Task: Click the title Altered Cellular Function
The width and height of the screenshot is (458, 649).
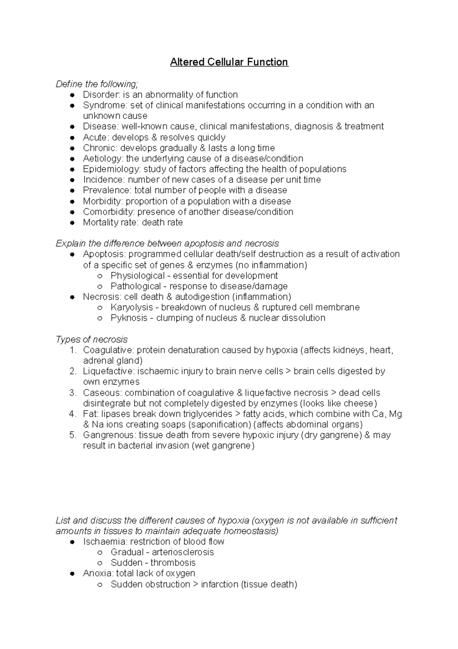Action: coord(229,62)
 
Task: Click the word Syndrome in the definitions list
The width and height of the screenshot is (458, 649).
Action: coord(104,105)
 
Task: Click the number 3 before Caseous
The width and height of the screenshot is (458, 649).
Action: coord(73,393)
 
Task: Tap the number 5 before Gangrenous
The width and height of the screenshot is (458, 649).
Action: coord(73,435)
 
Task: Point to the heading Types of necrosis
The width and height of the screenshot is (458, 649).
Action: coord(92,339)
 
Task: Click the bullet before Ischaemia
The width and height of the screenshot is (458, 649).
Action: coord(73,542)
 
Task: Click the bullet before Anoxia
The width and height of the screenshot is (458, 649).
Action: coord(73,574)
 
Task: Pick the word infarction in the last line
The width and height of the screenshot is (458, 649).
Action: coord(219,584)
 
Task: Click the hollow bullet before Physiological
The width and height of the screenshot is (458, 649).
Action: coord(100,276)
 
